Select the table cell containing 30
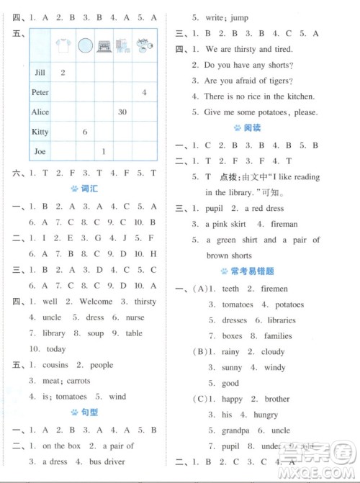(122, 112)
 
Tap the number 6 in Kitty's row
(85, 132)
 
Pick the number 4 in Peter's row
(144, 93)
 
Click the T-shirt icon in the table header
(63, 46)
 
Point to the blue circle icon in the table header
(85, 47)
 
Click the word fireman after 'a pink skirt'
(282, 225)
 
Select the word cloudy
(273, 352)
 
